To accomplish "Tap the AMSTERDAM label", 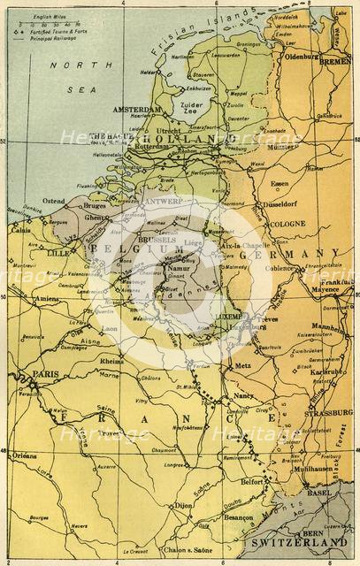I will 138,109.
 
